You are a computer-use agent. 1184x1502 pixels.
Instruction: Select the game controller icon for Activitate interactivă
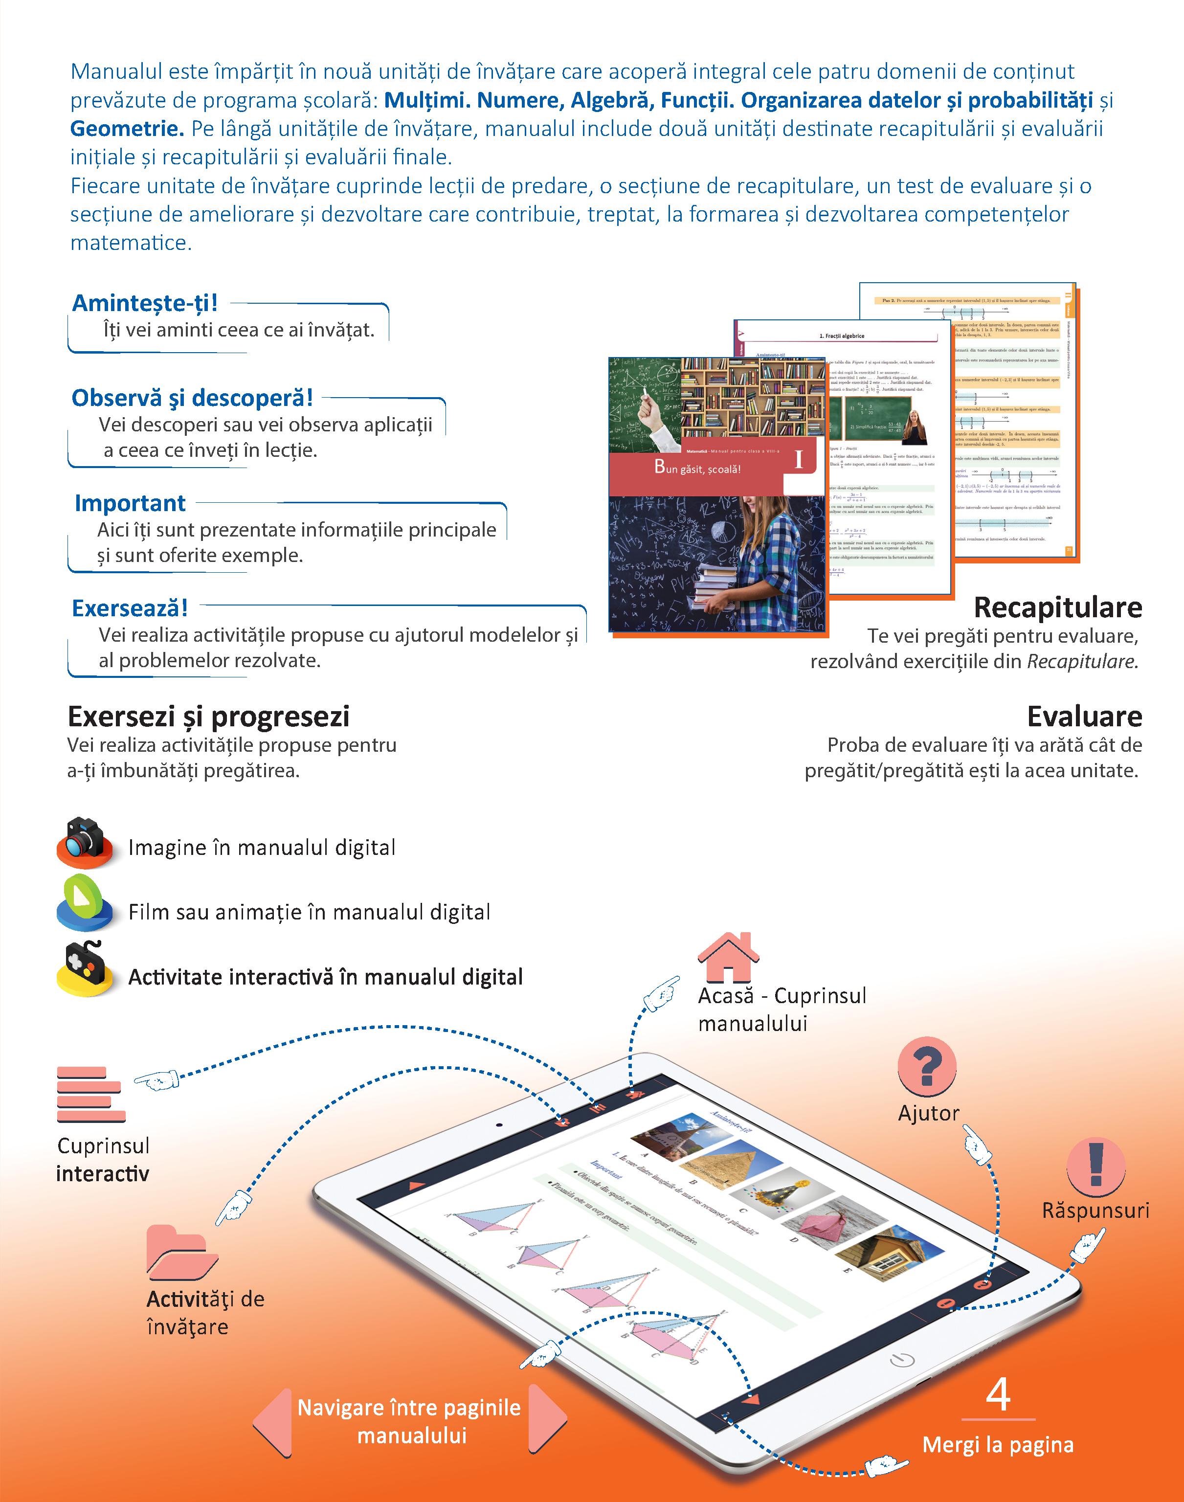pos(84,968)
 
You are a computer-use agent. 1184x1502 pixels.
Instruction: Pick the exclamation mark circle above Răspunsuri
pos(1095,1166)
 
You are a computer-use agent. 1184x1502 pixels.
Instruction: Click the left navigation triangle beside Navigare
pos(273,1422)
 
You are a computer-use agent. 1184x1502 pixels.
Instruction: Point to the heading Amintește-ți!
pos(145,303)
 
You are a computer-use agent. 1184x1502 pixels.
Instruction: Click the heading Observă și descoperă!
pos(192,398)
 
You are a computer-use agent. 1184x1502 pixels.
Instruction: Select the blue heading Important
pos(130,502)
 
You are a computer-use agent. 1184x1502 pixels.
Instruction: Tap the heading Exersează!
pos(130,608)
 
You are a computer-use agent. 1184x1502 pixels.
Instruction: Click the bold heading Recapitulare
pos(1057,607)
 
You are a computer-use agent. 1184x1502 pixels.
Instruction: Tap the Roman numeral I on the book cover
pos(799,460)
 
